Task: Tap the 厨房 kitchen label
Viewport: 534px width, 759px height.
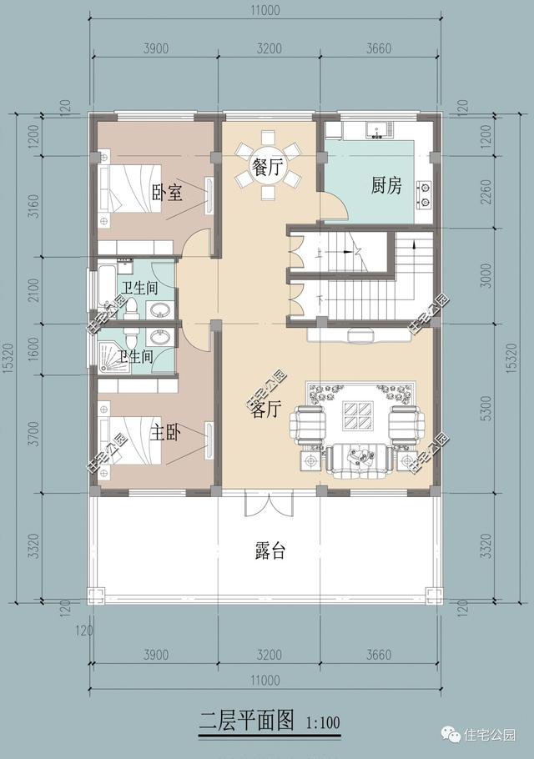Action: tap(386, 185)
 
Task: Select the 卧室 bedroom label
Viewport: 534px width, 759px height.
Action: tap(167, 194)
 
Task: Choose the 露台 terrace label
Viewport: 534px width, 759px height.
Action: tap(269, 551)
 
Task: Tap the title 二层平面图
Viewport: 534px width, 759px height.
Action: tap(248, 720)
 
